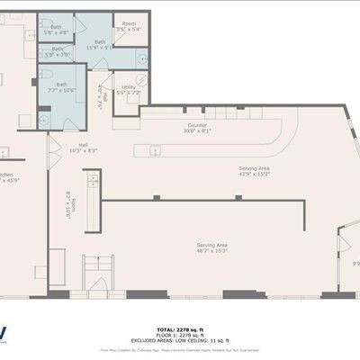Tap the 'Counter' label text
click(x=197, y=127)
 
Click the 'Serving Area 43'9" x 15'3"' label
click(x=254, y=171)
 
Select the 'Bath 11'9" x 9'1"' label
click(x=99, y=44)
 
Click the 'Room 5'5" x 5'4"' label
click(x=130, y=26)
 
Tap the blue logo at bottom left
click(x=4, y=333)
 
